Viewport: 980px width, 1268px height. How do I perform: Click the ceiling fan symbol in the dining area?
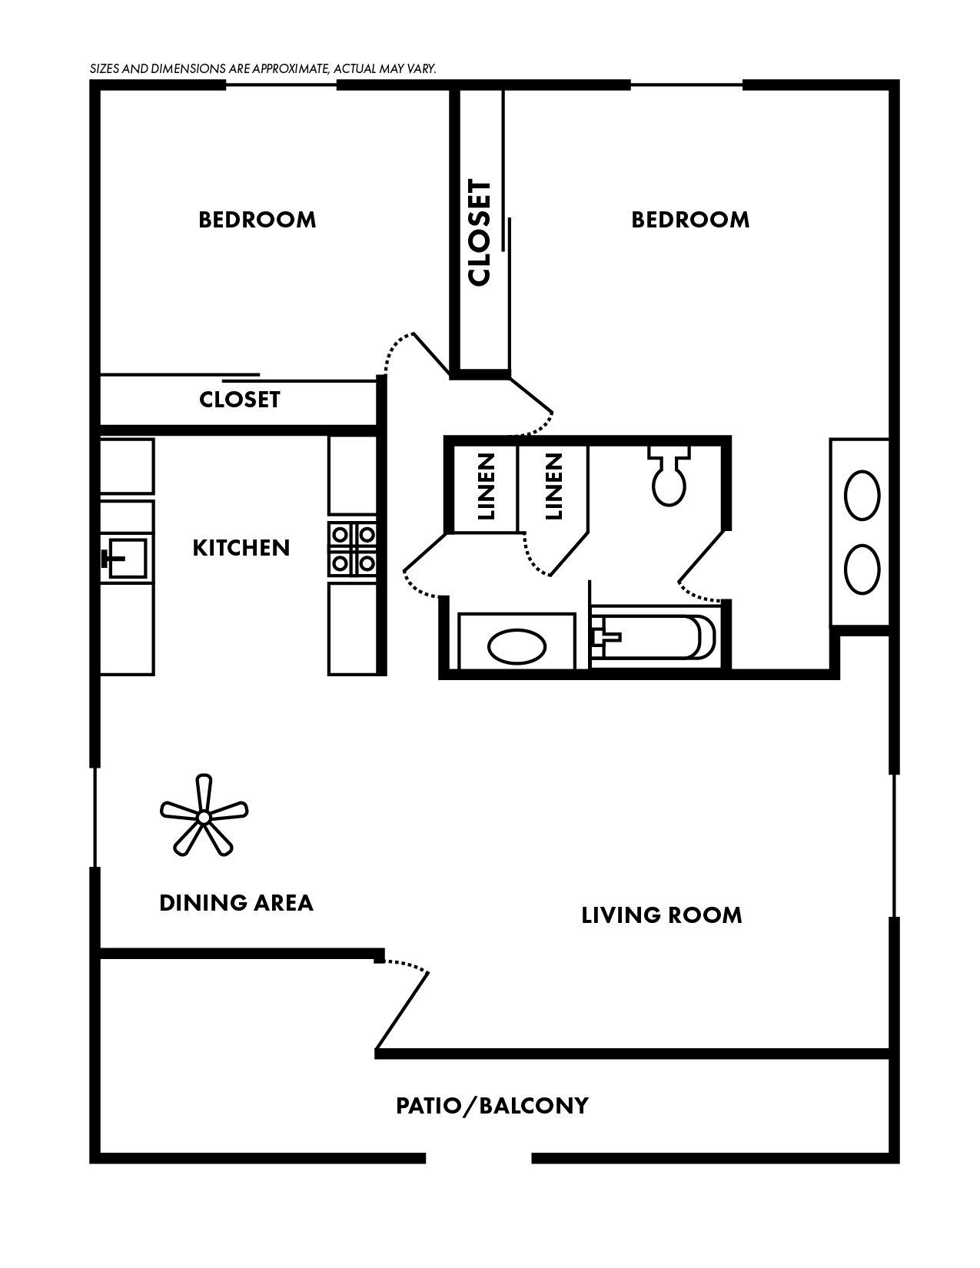(x=204, y=817)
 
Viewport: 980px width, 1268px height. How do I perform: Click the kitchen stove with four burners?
(x=353, y=549)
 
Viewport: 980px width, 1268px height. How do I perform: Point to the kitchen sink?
(x=127, y=557)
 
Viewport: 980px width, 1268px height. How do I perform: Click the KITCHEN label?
(x=241, y=548)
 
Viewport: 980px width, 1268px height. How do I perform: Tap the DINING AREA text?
(x=236, y=902)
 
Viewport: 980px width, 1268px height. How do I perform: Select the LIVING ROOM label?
(x=661, y=915)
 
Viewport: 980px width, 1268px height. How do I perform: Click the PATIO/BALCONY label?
(x=492, y=1106)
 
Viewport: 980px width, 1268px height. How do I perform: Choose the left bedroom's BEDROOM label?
(x=257, y=220)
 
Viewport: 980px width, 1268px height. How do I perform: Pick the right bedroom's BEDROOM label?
(x=689, y=220)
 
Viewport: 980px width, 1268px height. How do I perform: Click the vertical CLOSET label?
(x=479, y=233)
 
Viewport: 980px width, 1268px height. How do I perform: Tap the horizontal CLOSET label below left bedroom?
(x=239, y=400)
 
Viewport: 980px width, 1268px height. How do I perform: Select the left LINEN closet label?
(x=486, y=486)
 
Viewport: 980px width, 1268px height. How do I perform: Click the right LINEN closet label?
(x=553, y=486)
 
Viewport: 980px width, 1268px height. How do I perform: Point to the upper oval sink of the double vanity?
(x=862, y=496)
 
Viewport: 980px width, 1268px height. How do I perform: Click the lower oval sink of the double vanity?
(x=862, y=569)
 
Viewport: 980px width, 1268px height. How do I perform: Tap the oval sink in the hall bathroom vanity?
(x=517, y=648)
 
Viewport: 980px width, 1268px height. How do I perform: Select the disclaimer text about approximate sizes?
(x=263, y=68)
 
